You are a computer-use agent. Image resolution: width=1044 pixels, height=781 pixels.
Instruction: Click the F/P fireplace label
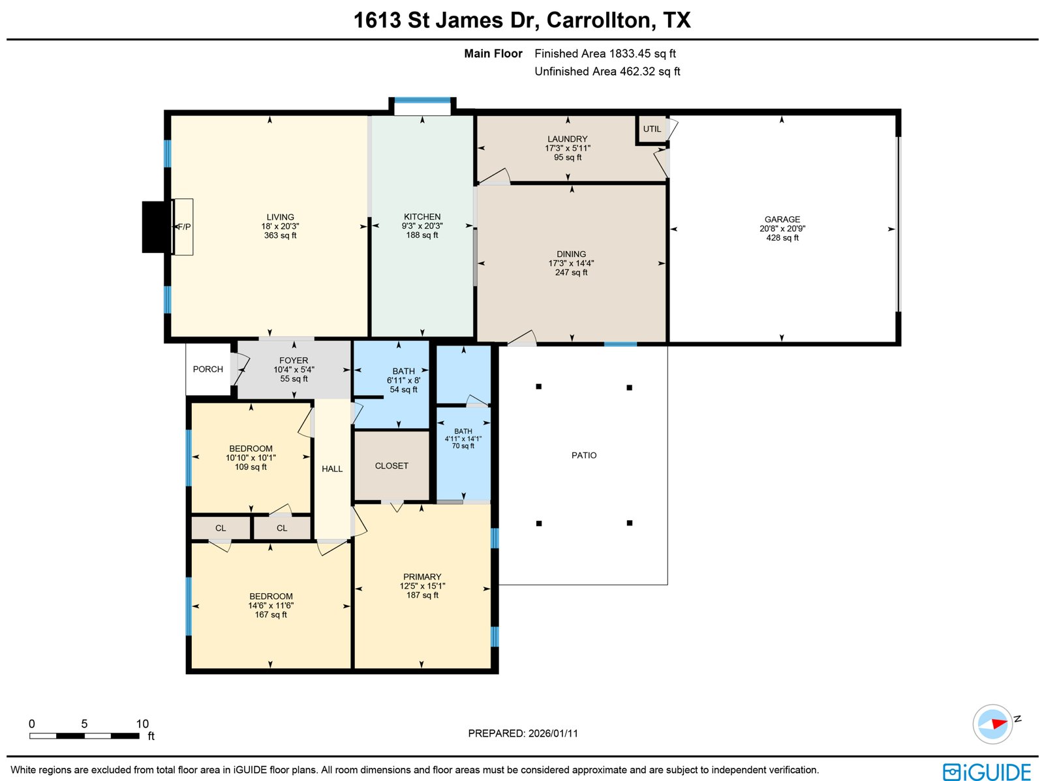185,227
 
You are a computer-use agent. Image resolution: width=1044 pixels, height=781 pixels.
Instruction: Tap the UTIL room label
652,129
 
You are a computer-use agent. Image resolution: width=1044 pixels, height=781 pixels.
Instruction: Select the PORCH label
207,369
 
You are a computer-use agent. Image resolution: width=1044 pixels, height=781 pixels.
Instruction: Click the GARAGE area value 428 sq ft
782,238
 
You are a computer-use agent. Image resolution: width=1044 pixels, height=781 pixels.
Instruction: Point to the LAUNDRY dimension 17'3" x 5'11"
568,148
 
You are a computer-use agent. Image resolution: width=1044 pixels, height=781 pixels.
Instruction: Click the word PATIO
584,455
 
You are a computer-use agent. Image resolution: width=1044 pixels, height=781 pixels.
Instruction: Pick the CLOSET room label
391,465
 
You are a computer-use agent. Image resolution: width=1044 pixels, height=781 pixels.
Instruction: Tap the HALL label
332,469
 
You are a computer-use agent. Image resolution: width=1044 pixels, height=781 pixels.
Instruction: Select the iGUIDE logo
987,772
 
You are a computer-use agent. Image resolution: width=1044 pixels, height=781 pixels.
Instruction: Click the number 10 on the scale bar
142,724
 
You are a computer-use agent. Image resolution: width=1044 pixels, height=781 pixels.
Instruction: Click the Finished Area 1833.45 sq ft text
605,53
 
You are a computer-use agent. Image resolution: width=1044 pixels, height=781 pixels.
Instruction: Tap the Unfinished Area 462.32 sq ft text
607,71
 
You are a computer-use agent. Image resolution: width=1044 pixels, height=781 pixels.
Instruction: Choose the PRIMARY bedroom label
422,577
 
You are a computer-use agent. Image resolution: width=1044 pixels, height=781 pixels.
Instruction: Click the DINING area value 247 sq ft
571,273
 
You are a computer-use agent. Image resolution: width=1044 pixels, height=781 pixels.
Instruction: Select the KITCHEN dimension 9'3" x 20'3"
422,226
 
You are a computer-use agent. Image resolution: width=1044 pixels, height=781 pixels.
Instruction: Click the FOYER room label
294,361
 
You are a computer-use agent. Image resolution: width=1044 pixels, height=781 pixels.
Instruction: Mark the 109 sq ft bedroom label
251,467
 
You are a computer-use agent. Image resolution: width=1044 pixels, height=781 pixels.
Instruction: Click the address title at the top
522,20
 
